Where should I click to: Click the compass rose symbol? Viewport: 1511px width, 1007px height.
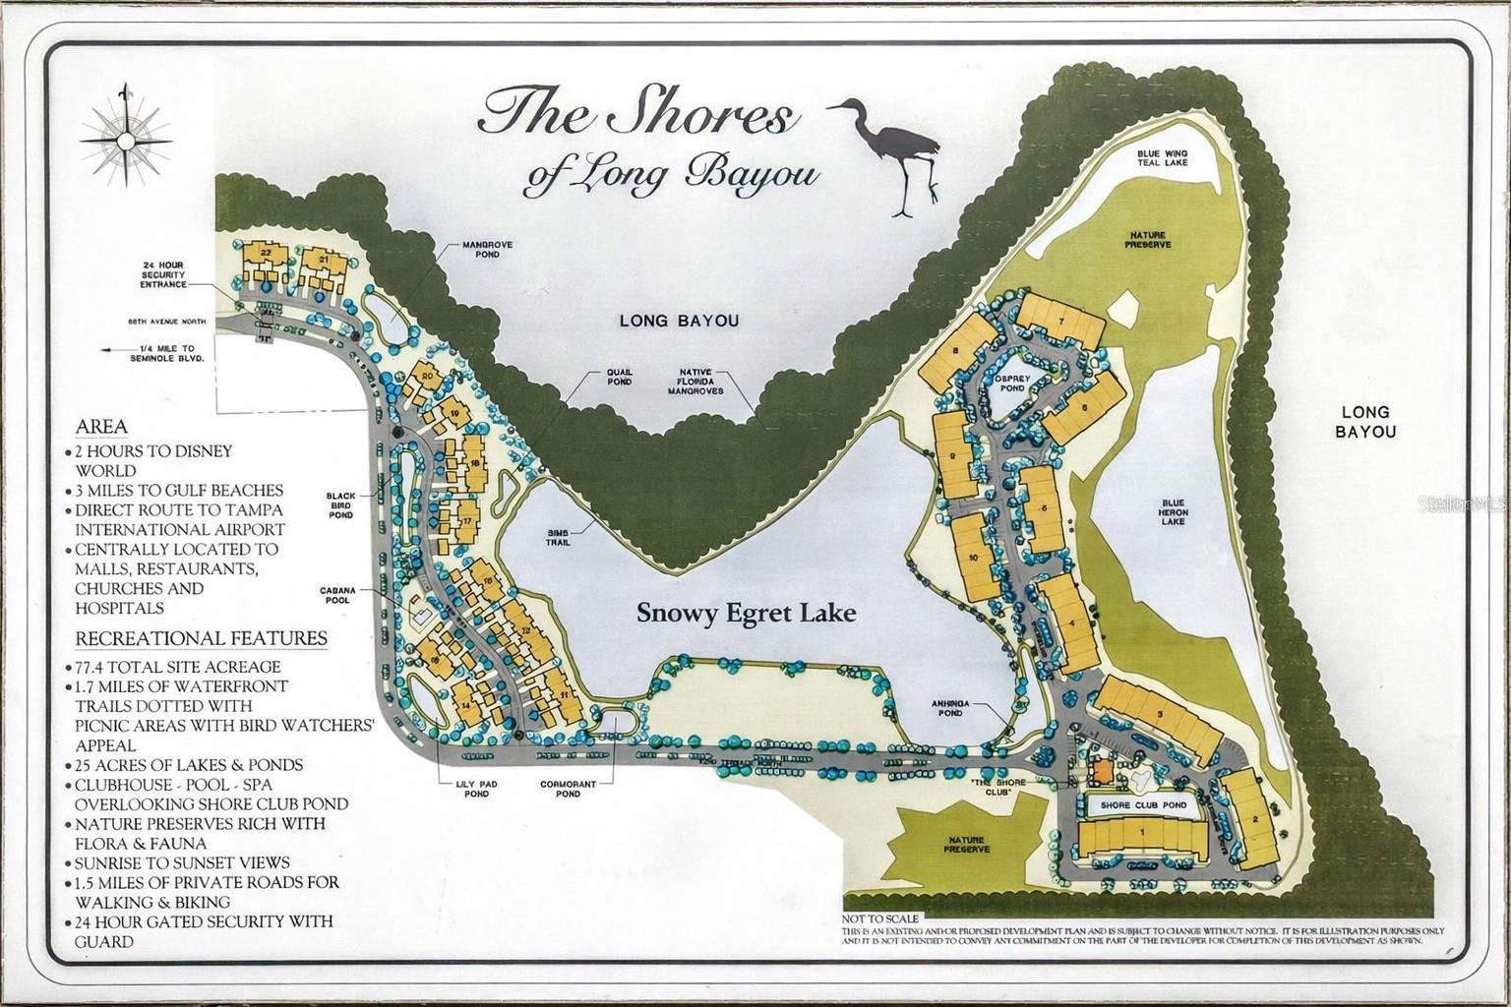point(124,140)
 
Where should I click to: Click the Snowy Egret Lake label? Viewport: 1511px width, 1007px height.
point(746,613)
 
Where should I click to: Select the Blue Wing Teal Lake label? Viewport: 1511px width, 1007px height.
point(1163,157)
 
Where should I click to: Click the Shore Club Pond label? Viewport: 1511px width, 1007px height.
point(1143,804)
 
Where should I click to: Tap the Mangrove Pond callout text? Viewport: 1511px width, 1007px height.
point(487,249)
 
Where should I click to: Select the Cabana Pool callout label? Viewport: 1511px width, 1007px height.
point(336,596)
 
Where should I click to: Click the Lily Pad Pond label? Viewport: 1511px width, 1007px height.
point(464,790)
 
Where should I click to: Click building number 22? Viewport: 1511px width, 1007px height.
point(265,254)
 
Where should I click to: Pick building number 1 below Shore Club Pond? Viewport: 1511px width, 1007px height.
point(1141,835)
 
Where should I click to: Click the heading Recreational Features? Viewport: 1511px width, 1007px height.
point(202,638)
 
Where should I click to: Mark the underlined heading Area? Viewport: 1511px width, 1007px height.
point(101,426)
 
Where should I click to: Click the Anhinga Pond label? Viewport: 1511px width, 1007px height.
point(952,709)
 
